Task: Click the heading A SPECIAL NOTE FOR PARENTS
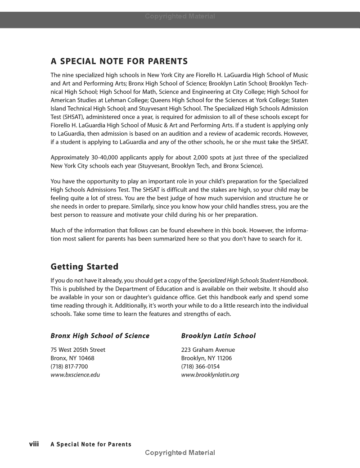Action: [119, 61]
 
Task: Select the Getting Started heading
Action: [84, 267]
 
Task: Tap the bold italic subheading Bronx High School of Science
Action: [100, 336]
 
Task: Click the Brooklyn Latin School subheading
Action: [218, 336]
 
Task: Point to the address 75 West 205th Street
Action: [78, 350]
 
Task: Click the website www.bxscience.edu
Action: [75, 375]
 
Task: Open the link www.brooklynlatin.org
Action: [210, 375]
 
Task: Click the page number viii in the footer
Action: [34, 444]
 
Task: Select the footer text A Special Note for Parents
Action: [91, 445]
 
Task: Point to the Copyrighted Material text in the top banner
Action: [180, 17]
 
